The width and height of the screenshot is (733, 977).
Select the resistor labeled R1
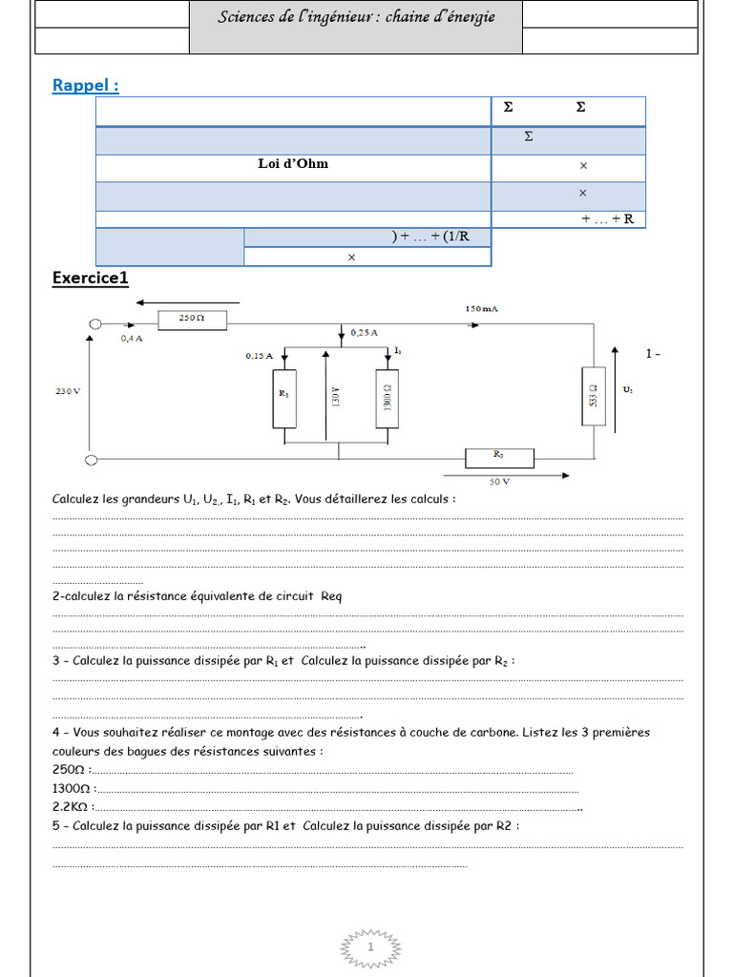[283, 394]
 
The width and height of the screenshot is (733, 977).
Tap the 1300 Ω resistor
[387, 394]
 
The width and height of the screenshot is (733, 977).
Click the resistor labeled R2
[499, 458]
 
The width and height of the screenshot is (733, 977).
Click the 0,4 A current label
[133, 339]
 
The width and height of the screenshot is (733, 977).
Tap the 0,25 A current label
[364, 332]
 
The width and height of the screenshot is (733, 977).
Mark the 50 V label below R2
[500, 482]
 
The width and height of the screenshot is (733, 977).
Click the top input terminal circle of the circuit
[94, 324]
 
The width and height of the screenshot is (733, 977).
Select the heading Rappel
[86, 86]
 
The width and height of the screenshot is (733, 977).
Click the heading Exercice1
[90, 278]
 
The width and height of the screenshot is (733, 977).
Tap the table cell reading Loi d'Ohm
[293, 164]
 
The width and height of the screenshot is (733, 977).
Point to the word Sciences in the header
[248, 17]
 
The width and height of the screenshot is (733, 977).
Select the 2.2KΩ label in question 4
[71, 806]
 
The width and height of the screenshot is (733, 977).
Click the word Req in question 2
[330, 596]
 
